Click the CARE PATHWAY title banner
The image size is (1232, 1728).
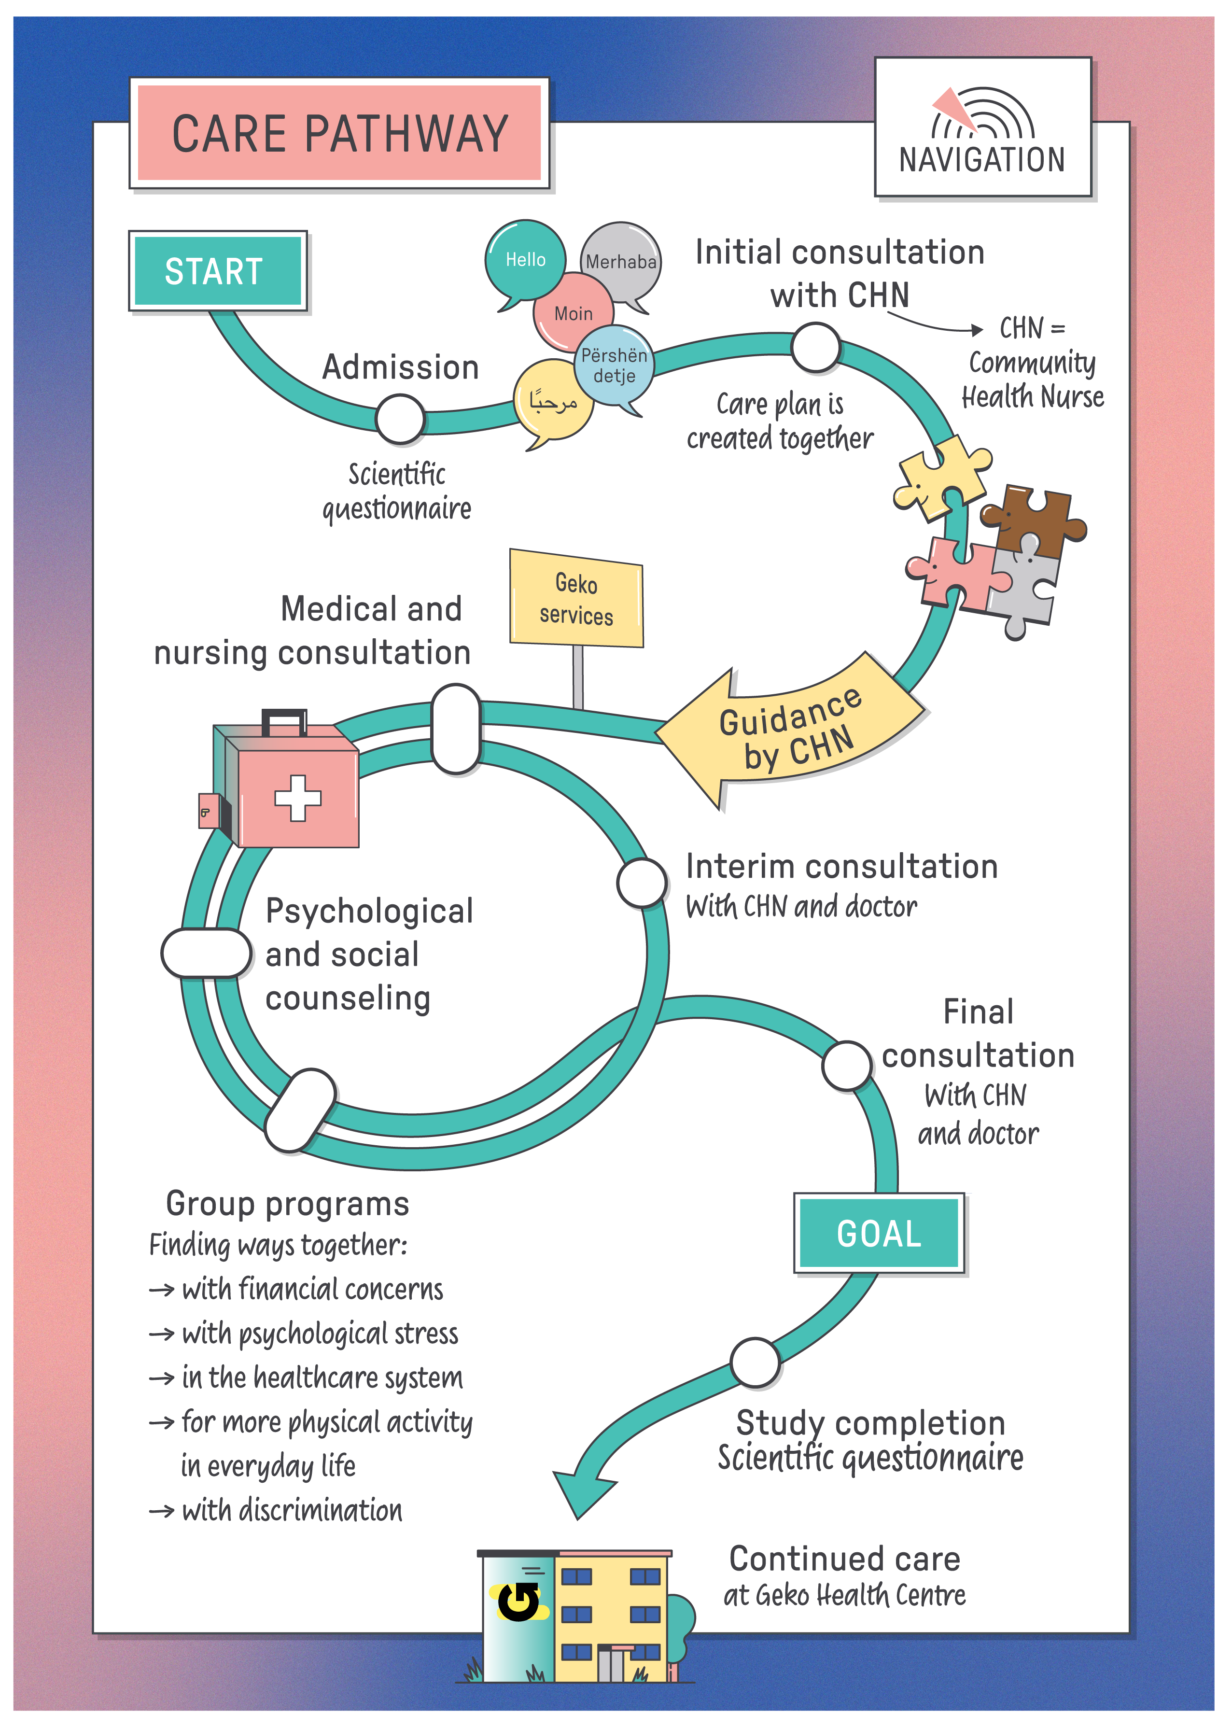pos(339,134)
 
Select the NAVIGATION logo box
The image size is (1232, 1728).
pos(982,127)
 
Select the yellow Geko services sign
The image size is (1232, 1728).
pos(576,599)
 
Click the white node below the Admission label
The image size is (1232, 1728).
pos(400,419)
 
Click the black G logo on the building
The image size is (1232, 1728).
pos(518,1601)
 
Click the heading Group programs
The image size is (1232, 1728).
pos(288,1204)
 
